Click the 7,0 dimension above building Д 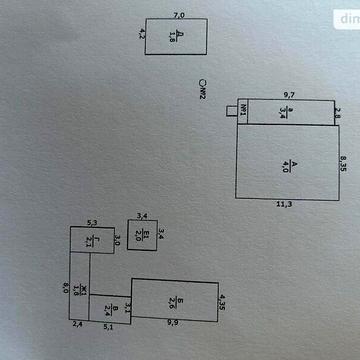pos(179,15)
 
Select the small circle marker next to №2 pos(201,85)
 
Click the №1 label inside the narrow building pos(241,111)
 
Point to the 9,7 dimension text pos(290,95)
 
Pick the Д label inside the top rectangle pos(174,37)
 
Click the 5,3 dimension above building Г pos(91,222)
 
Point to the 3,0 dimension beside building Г pos(117,239)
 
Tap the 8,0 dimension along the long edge pos(66,288)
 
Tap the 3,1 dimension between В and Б pos(128,296)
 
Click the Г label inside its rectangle pos(90,240)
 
